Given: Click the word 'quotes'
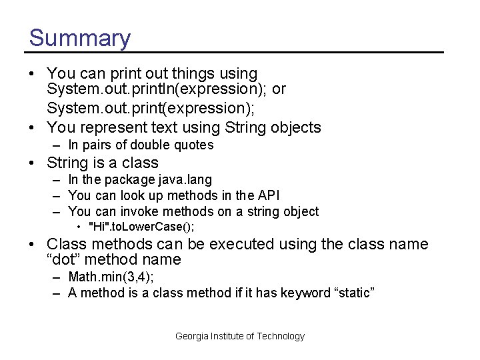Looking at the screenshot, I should [x=193, y=145].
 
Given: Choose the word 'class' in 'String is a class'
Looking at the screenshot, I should [x=140, y=163].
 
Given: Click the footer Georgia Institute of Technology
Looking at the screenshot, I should [x=240, y=336].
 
